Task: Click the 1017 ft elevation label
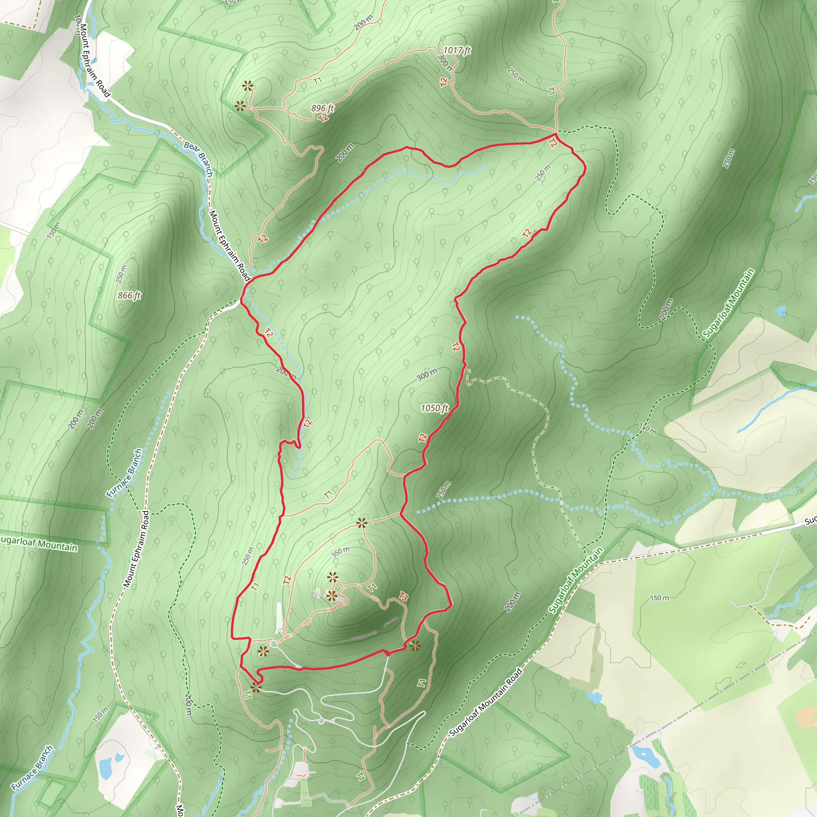tap(457, 50)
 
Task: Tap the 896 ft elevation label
tap(323, 108)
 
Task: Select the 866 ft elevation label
tap(129, 296)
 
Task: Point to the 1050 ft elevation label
tap(434, 408)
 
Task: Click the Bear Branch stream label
tap(198, 159)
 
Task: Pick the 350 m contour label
tap(340, 552)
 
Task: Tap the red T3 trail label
tap(403, 597)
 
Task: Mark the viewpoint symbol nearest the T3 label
tap(415, 646)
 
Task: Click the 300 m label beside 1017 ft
tap(445, 63)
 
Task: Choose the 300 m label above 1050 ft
tap(427, 374)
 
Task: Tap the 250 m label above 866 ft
tap(121, 274)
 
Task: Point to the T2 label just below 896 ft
tap(324, 118)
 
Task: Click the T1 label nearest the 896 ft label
tap(318, 80)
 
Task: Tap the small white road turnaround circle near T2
tap(274, 643)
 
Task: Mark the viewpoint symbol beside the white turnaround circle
tap(263, 651)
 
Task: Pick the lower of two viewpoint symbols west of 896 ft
tap(240, 106)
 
